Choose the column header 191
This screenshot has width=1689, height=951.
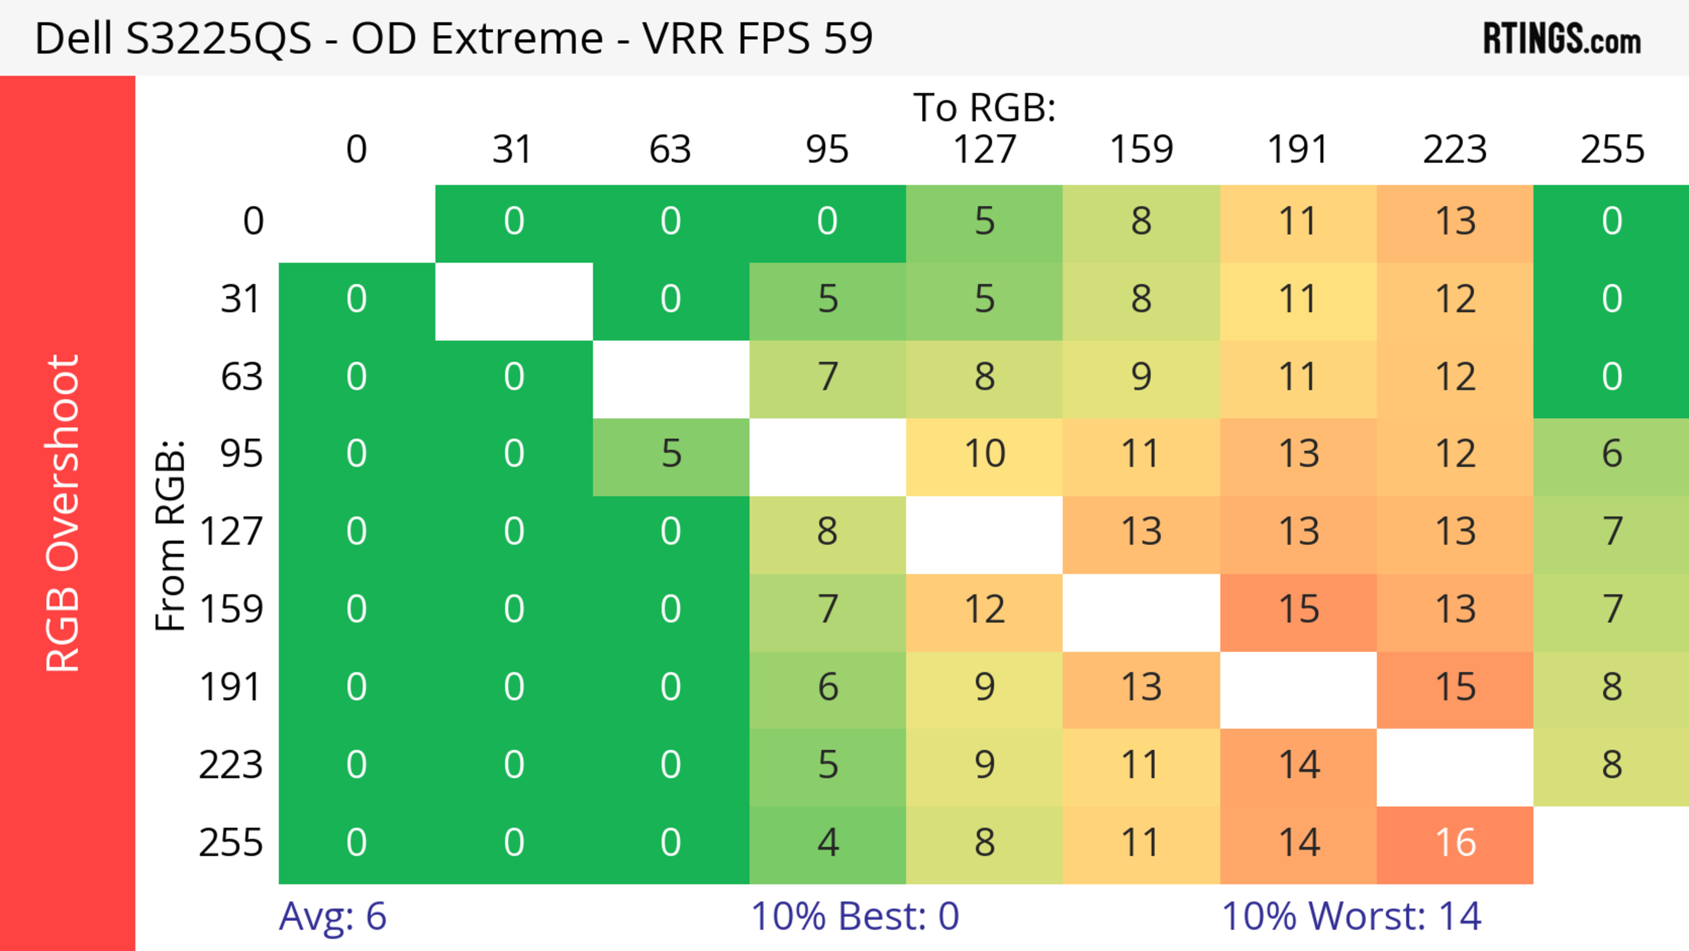point(1298,150)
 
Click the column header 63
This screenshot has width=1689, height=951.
point(670,150)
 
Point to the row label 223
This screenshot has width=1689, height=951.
point(231,765)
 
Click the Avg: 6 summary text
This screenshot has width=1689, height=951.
point(333,916)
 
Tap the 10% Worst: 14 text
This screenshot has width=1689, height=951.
point(1351,916)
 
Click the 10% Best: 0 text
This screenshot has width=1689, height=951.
point(854,916)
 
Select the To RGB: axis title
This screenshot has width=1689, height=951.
point(984,107)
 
